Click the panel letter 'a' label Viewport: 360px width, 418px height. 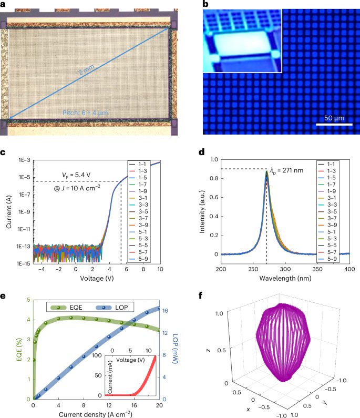tap(3, 4)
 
